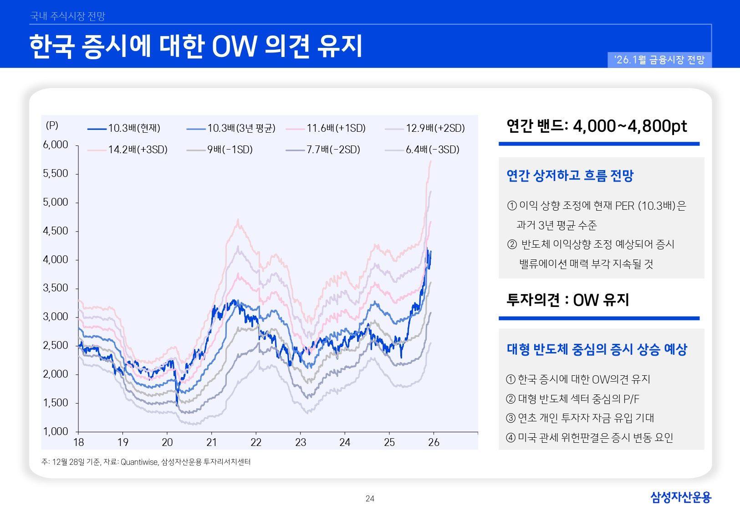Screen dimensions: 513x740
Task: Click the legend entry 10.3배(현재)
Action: point(134,128)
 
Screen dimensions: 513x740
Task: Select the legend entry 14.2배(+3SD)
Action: point(138,150)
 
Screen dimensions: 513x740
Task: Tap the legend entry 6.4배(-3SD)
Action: point(432,150)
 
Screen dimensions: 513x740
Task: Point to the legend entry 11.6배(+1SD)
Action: point(336,128)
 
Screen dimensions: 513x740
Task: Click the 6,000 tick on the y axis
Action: point(56,145)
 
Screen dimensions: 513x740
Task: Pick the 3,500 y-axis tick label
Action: point(56,288)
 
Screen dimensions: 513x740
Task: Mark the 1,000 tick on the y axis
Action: point(56,431)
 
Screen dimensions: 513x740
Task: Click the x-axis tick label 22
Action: point(256,442)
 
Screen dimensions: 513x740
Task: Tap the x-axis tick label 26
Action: point(434,442)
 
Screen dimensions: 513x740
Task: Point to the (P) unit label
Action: point(52,125)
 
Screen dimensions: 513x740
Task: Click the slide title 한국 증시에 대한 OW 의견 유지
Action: point(196,47)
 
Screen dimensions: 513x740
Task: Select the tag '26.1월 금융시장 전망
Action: point(659,60)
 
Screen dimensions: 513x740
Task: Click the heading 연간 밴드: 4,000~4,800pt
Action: point(597,126)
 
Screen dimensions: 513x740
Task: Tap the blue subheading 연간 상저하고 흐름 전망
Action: point(570,176)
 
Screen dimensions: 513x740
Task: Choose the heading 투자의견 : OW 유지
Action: point(567,300)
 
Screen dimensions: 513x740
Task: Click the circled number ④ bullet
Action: point(511,438)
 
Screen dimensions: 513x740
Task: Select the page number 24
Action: point(370,499)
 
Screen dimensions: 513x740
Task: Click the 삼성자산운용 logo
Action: point(680,497)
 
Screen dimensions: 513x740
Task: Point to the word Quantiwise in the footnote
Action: point(139,462)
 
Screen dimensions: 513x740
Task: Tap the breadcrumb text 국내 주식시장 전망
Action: point(67,16)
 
